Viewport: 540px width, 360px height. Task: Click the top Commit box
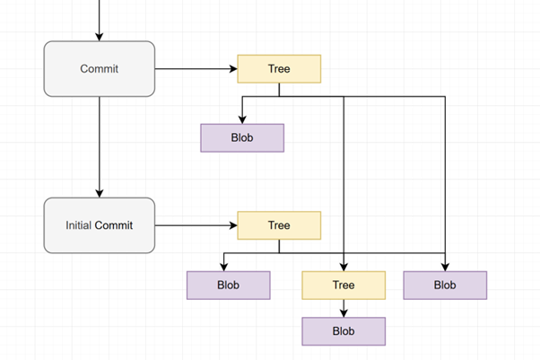click(100, 68)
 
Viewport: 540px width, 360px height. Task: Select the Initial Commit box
click(100, 224)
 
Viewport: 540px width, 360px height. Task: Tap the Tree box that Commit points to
click(279, 68)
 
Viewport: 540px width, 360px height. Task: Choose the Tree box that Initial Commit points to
click(279, 224)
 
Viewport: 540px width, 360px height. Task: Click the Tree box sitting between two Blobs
click(344, 285)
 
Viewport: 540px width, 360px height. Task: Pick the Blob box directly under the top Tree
click(241, 138)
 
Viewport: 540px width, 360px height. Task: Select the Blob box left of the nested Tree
click(228, 285)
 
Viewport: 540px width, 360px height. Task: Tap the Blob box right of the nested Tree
click(445, 285)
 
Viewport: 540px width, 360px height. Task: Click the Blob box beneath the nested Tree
click(344, 331)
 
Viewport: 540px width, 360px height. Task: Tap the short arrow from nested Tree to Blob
click(344, 307)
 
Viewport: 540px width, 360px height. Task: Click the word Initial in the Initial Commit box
click(79, 224)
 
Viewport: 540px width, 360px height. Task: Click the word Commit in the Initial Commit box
click(114, 224)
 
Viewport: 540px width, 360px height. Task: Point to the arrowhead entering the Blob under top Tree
click(241, 119)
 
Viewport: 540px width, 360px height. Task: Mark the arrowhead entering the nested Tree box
click(344, 267)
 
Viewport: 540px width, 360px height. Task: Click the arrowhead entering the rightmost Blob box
click(445, 267)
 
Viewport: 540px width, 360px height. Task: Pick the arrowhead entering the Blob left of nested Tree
click(223, 267)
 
